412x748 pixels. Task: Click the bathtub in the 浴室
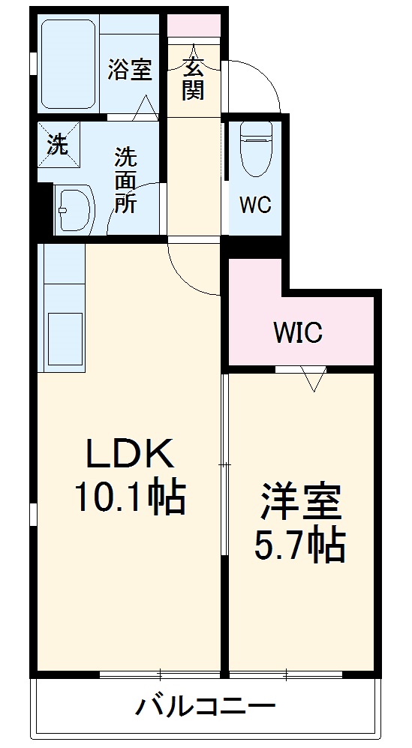68,64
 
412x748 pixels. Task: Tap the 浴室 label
129,69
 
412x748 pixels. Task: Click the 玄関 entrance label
193,79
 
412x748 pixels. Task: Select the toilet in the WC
256,148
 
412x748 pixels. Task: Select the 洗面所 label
125,180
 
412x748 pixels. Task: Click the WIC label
298,332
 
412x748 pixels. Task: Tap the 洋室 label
300,503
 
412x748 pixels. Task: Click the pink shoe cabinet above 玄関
194,26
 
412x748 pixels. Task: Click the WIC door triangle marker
313,379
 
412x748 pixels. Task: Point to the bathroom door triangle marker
145,108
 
